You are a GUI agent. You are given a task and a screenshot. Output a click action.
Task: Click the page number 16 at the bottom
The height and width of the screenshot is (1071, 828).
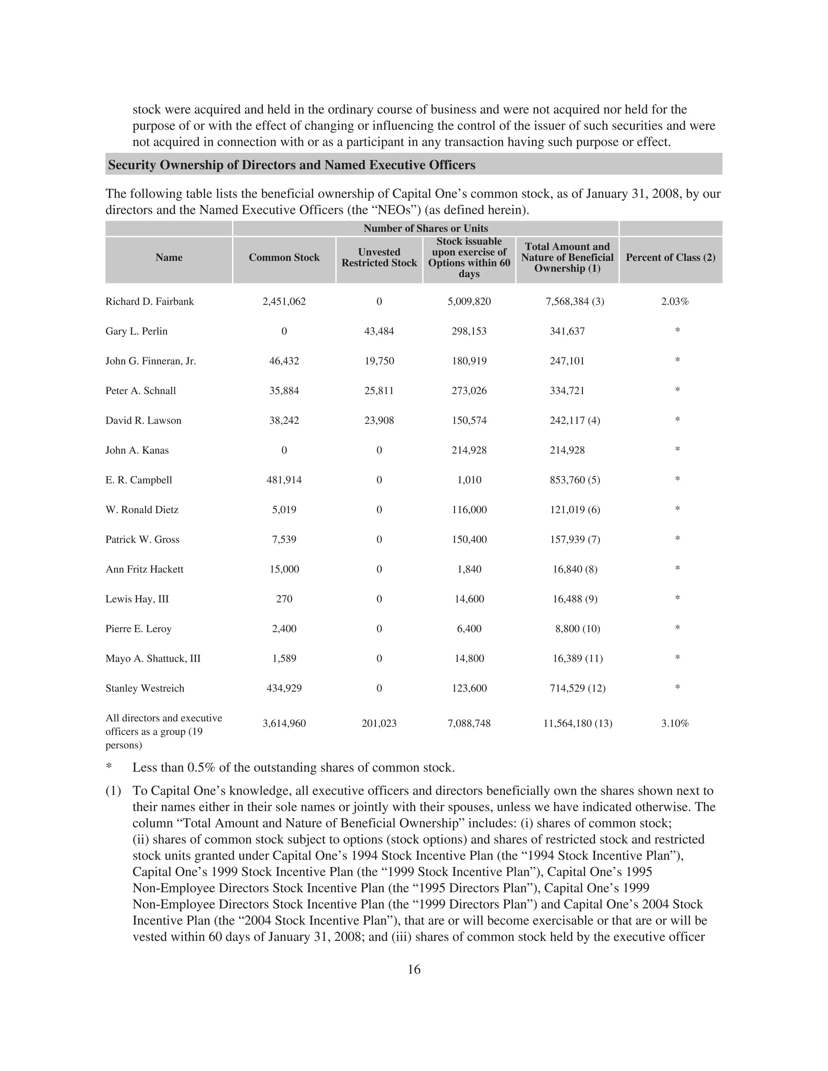point(414,970)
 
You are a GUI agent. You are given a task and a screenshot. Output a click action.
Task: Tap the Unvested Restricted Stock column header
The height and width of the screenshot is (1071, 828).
point(379,257)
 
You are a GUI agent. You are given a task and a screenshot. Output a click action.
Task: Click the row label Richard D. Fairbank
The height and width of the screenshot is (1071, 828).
point(150,301)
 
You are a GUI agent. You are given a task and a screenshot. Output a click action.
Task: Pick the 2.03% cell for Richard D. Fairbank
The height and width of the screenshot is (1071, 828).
point(674,301)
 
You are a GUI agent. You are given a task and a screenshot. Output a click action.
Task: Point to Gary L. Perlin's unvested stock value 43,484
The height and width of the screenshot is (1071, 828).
point(379,331)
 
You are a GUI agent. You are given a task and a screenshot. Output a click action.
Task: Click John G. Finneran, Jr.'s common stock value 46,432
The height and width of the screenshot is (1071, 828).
point(284,361)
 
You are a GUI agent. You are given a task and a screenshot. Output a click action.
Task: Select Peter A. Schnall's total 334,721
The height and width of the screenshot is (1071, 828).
point(567,391)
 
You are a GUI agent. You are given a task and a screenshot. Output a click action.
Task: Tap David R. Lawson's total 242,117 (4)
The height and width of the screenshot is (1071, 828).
point(575,421)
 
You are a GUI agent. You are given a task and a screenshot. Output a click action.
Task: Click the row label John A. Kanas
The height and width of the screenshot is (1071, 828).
point(137,451)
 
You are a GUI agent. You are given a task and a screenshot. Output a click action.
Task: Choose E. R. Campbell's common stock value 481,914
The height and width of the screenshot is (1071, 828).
point(284,480)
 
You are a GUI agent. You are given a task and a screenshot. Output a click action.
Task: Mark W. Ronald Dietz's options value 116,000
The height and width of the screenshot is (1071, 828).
point(469,510)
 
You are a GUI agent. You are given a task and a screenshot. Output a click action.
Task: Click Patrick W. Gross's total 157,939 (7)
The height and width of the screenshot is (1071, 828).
point(575,540)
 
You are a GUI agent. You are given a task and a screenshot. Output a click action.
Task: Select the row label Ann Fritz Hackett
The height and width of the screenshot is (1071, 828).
point(144,569)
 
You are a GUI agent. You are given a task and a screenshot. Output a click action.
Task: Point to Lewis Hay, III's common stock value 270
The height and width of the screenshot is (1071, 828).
point(284,599)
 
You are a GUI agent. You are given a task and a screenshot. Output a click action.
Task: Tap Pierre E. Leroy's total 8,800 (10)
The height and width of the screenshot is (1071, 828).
point(577,629)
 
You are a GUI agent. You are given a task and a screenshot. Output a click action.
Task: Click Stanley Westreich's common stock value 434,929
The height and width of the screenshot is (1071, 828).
point(284,689)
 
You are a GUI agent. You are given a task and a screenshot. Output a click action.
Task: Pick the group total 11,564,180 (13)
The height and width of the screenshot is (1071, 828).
point(577,724)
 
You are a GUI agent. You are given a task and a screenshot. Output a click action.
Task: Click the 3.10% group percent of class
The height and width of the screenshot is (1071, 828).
point(674,724)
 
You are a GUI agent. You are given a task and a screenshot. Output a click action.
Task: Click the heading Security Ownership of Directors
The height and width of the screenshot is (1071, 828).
point(291,165)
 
